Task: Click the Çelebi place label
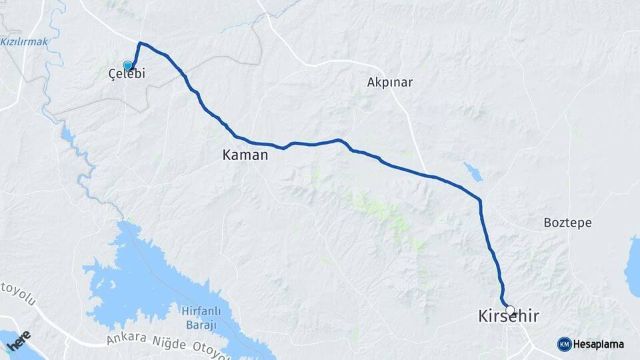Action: (x=127, y=75)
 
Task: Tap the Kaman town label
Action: (x=245, y=155)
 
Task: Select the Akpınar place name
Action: (x=390, y=83)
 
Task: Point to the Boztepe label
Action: (x=567, y=223)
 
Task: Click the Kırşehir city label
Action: (x=509, y=317)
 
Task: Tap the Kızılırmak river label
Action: (x=24, y=41)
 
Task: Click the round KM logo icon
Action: (x=564, y=345)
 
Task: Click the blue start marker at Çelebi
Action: (x=128, y=65)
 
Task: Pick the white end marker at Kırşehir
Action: (x=510, y=310)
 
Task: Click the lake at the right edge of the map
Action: (x=633, y=267)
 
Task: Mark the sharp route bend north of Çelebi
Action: (x=140, y=44)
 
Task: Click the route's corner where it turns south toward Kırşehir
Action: (x=479, y=199)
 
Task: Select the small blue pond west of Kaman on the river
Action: (x=67, y=137)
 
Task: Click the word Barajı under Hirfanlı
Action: (x=200, y=325)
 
